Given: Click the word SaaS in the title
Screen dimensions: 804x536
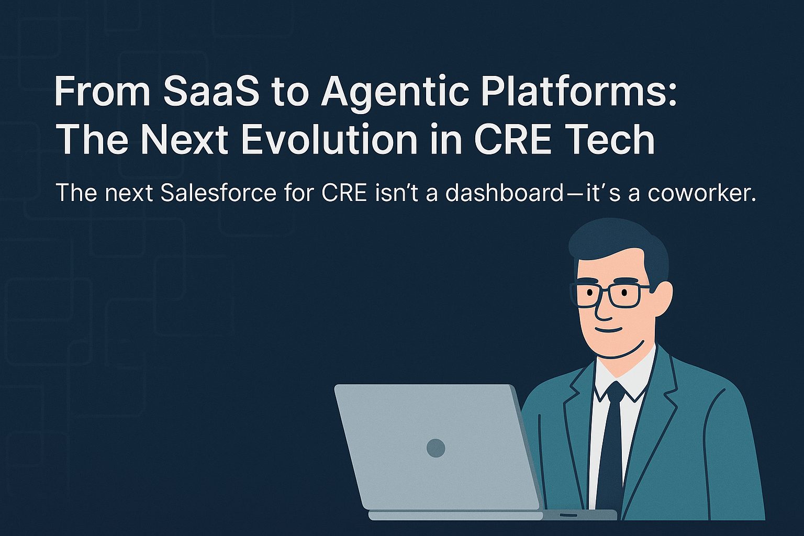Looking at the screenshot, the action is point(211,91).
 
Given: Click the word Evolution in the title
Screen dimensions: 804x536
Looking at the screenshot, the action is point(329,140).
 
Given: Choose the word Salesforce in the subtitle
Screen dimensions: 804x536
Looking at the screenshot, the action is point(218,193).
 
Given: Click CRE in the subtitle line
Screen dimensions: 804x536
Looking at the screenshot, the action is point(344,193).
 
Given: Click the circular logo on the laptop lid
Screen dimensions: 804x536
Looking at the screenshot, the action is point(435,448).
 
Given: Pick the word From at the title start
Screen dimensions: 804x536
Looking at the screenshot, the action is point(102,91).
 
